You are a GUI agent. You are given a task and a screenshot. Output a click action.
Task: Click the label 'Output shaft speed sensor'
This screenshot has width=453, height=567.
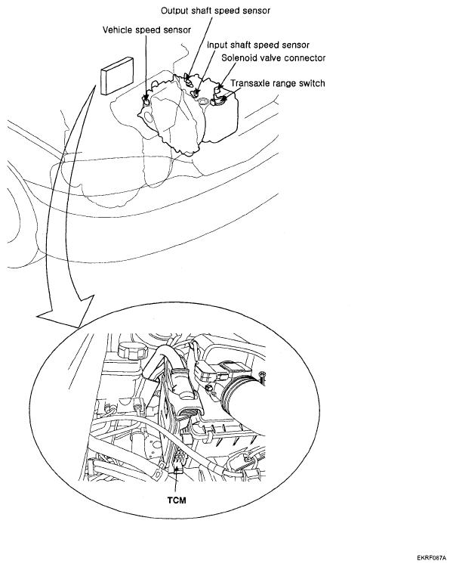coord(215,11)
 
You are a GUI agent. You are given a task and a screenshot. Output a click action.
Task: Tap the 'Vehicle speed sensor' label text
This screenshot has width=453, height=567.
coord(146,29)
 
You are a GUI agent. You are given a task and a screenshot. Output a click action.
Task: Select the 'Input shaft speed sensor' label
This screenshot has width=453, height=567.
coord(258,45)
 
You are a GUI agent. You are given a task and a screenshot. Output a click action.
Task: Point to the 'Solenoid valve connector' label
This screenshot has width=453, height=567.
coord(273,58)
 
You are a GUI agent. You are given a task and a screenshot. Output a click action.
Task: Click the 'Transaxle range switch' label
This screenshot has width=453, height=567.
coord(278,83)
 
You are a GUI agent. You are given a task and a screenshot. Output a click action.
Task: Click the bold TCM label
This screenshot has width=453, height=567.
coord(177,500)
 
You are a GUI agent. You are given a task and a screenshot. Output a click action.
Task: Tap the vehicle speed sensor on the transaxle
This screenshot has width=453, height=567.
coord(146,101)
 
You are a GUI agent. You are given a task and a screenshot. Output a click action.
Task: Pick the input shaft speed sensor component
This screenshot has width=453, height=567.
coord(196,92)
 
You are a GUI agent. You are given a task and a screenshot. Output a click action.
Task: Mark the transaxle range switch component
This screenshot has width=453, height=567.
coord(220,99)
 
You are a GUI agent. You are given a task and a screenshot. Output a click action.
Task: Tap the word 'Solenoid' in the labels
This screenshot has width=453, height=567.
coord(239,58)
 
